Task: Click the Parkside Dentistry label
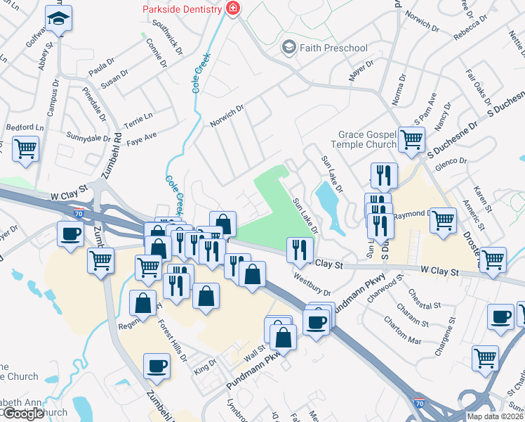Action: point(182,9)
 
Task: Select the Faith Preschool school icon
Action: point(288,48)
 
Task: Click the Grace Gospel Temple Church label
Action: point(367,139)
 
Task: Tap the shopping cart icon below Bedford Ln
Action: point(25,149)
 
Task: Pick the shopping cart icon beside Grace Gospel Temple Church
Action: point(411,138)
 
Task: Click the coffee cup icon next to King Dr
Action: point(156,365)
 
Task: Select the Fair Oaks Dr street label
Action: point(478,85)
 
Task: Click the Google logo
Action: point(23,414)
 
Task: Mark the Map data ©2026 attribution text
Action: point(495,416)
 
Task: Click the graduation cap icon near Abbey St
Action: point(59,18)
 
